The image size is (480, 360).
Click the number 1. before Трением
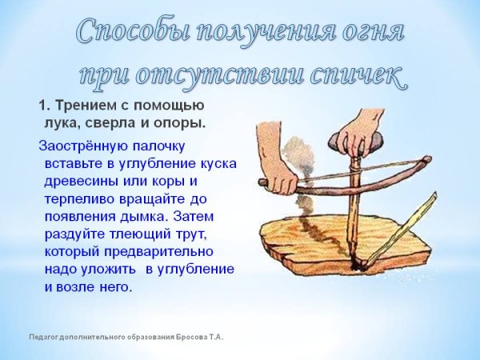point(44,106)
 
